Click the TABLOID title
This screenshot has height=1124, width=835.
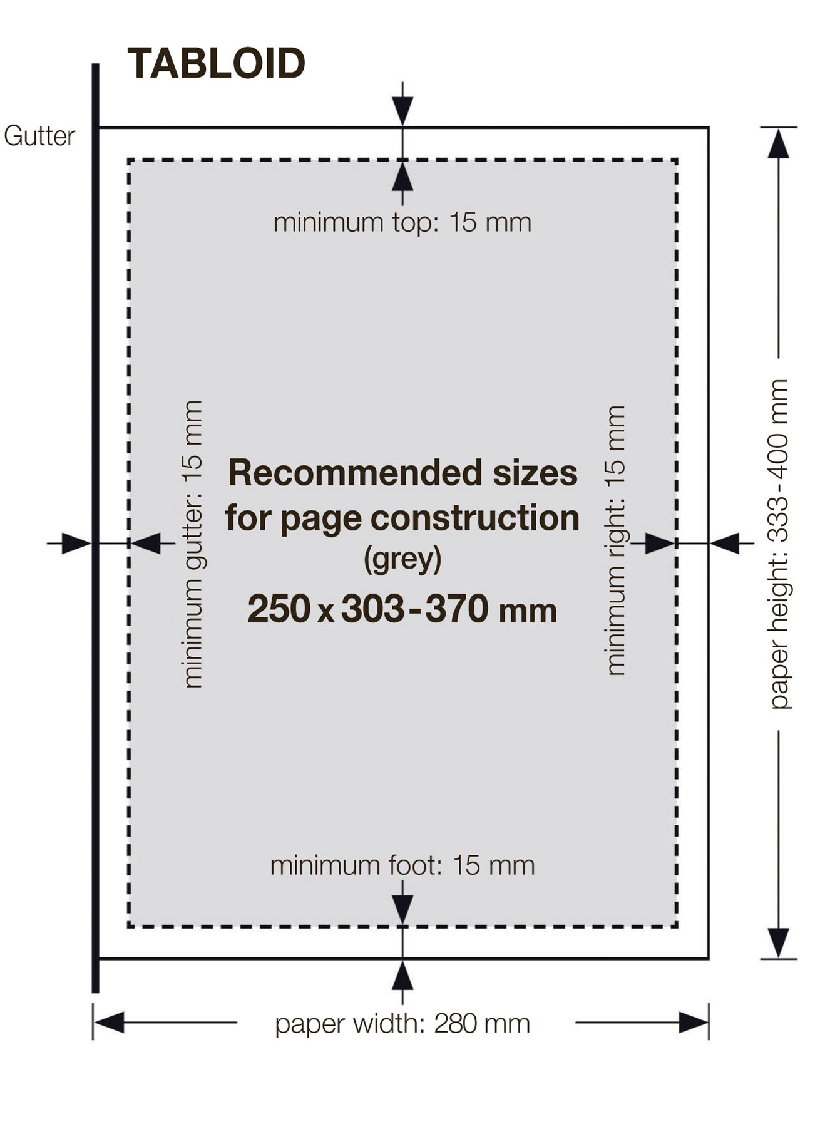[x=216, y=64]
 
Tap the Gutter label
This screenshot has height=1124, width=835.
[x=39, y=136]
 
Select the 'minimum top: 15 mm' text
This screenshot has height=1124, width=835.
[x=402, y=222]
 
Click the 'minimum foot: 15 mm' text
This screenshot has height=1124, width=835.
[x=402, y=865]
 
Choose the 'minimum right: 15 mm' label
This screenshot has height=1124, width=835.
[x=616, y=540]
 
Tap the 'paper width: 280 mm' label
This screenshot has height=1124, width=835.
[x=402, y=1024]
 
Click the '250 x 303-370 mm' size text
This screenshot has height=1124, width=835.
[x=402, y=609]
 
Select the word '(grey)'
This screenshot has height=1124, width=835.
[x=402, y=559]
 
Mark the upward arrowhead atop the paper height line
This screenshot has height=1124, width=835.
[x=778, y=144]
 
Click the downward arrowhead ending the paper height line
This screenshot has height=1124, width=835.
[x=778, y=942]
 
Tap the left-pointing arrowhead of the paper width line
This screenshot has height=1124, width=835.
[x=109, y=1023]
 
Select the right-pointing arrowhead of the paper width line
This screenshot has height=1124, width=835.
[x=694, y=1023]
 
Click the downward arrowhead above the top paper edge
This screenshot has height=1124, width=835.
[x=402, y=111]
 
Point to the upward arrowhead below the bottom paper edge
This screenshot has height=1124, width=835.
[x=402, y=976]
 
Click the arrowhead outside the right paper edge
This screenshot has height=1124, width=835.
[x=725, y=543]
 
